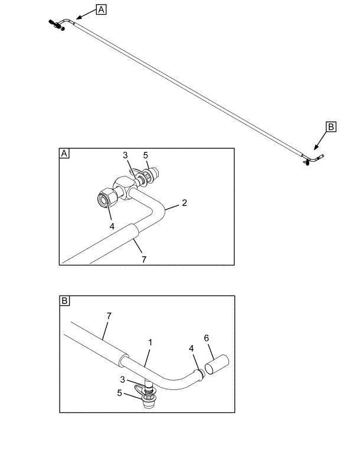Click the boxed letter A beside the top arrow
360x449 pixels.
[x=101, y=10]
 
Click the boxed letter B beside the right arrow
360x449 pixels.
[x=331, y=127]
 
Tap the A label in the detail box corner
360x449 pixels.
[x=64, y=153]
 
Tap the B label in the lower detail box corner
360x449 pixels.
[x=64, y=301]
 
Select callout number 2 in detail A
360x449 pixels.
[x=185, y=203]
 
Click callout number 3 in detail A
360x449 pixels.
[x=125, y=155]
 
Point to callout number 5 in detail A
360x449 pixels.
[x=146, y=156]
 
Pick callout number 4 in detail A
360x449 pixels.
[x=112, y=226]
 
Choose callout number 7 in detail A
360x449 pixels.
[x=144, y=260]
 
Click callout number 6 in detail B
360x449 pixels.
[x=207, y=338]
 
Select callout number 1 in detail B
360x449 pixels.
[x=150, y=342]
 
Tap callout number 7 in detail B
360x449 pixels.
[x=109, y=316]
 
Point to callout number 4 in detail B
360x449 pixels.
[x=191, y=349]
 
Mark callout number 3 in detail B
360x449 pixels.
[x=123, y=380]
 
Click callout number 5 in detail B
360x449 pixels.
[x=120, y=393]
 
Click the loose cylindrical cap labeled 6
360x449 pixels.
[x=217, y=364]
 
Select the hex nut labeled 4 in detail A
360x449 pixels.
[x=107, y=197]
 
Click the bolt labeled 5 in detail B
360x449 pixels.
[x=149, y=399]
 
